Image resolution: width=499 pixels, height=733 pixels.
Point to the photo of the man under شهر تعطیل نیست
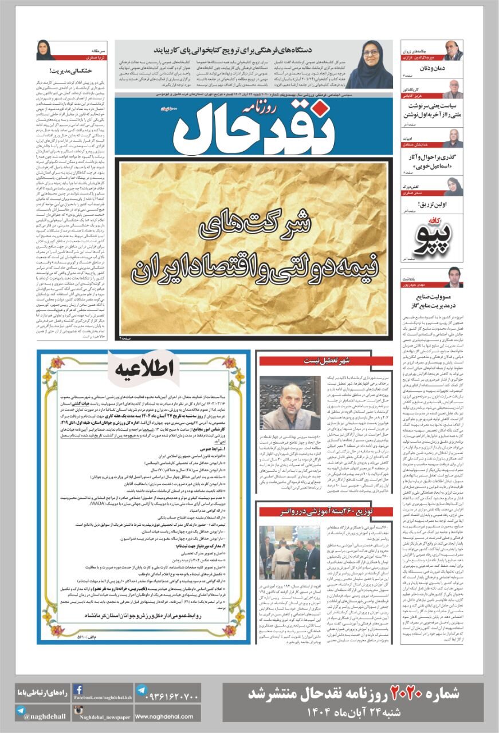tap(290, 403)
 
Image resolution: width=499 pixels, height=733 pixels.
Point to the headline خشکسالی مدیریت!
tap(59, 72)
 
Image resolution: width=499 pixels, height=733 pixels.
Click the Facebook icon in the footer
tap(78, 690)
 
